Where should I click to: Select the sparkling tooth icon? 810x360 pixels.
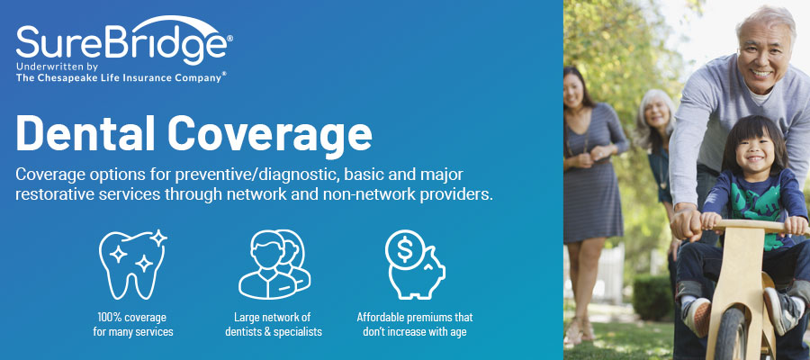[133, 263]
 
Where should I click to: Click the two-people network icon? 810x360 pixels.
[273, 263]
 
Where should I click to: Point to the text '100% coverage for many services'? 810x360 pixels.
[132, 325]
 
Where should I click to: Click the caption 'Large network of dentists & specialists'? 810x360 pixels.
[273, 325]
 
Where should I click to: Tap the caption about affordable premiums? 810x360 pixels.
[415, 325]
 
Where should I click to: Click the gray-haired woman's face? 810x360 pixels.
[654, 115]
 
